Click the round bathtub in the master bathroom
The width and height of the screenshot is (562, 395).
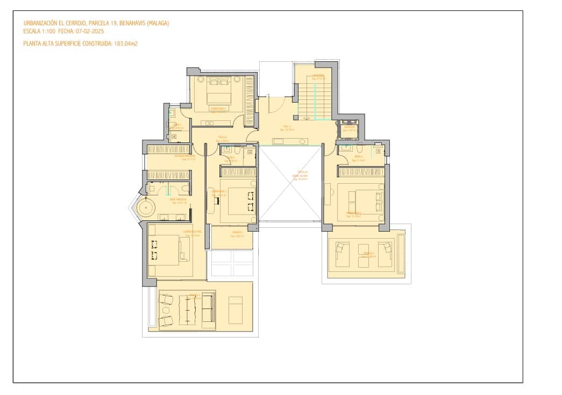point(145,207)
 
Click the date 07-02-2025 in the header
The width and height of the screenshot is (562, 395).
point(90,32)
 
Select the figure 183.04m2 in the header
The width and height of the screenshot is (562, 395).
point(126,44)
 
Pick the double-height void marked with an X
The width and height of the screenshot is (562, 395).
point(290,183)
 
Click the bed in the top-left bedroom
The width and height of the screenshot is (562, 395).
point(218,96)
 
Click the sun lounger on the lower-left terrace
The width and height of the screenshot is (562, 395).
point(235,310)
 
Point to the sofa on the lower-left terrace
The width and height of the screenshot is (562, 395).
point(208,310)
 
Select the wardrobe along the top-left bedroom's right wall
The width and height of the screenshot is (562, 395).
point(249,100)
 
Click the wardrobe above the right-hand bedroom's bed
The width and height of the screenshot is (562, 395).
point(361,171)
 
